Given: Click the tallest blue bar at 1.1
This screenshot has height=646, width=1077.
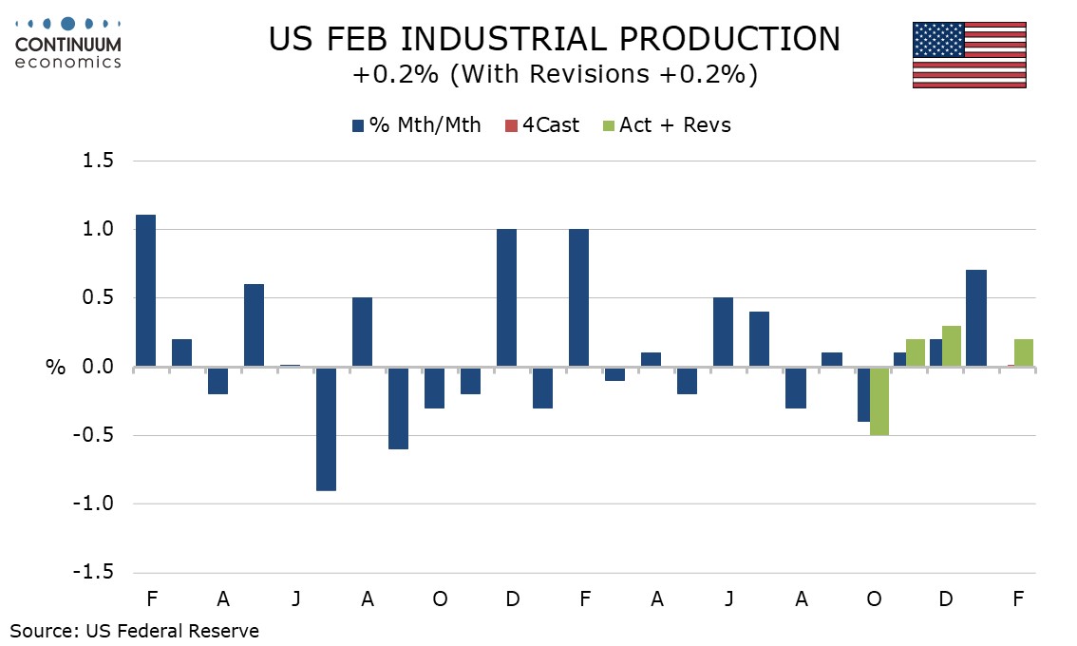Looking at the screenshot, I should [145, 291].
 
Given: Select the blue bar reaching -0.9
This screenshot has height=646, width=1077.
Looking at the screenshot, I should [326, 428].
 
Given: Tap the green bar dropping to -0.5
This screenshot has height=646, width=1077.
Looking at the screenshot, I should [879, 401].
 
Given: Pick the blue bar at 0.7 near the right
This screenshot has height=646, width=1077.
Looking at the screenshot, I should [975, 318].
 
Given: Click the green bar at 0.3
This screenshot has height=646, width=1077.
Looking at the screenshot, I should [952, 346].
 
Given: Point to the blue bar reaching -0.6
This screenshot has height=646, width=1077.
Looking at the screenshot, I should [398, 408].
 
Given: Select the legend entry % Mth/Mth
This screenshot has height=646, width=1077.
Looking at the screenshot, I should [416, 125].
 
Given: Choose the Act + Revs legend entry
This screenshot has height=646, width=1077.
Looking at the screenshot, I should [667, 125].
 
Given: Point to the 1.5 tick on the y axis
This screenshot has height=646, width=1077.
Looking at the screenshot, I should [94, 161].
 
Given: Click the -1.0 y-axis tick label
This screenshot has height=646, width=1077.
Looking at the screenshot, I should [90, 504].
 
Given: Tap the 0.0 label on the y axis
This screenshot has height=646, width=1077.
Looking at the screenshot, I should [94, 367].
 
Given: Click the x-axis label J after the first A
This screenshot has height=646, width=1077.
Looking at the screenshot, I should [296, 599].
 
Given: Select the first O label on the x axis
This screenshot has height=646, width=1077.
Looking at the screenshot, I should [441, 599].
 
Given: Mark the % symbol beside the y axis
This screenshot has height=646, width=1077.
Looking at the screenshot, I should [55, 368].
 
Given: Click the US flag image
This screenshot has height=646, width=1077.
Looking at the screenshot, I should [969, 54].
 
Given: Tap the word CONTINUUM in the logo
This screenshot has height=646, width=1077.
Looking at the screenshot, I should [68, 45].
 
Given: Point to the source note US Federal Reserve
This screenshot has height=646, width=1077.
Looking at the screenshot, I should [173, 631].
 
